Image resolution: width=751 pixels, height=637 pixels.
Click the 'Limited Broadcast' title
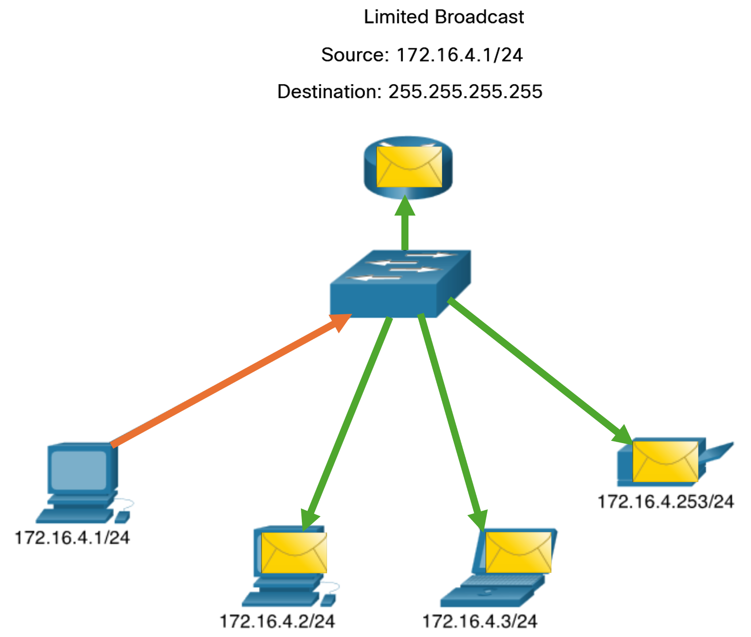click(x=443, y=17)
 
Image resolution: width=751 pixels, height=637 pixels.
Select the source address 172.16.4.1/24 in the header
click(x=459, y=55)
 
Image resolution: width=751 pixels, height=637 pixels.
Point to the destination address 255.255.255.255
click(x=465, y=92)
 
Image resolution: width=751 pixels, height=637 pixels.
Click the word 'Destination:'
click(x=329, y=92)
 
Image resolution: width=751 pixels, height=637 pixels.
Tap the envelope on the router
click(x=409, y=167)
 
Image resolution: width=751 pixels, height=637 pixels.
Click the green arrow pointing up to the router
click(x=405, y=226)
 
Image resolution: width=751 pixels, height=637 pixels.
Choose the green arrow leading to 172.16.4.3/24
click(x=451, y=421)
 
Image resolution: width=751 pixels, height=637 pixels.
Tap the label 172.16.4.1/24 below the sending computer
click(x=72, y=538)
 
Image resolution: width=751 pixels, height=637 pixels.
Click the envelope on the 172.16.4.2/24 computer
click(x=294, y=552)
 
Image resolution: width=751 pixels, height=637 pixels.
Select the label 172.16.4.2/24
click(x=277, y=622)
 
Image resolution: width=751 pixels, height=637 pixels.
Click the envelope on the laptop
click(x=518, y=552)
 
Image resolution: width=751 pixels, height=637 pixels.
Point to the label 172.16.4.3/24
click(x=480, y=622)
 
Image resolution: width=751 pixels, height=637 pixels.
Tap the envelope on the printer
click(x=665, y=461)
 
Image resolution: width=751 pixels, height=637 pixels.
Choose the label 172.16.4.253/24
click(x=666, y=502)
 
